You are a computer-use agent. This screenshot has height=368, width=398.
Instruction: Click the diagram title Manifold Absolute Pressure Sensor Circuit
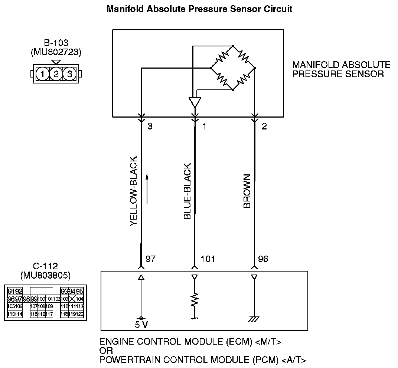[x=199, y=9]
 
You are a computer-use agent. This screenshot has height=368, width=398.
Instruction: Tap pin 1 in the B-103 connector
[x=43, y=74]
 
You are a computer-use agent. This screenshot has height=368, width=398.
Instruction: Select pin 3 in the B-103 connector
[x=69, y=74]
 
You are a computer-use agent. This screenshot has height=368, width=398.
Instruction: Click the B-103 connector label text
[x=56, y=43]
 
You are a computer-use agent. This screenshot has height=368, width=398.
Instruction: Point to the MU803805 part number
[x=45, y=275]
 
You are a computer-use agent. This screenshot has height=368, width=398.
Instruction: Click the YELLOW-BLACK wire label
[x=134, y=191]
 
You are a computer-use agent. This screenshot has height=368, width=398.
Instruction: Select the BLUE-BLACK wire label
[x=187, y=191]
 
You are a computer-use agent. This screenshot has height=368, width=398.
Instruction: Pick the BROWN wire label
[x=247, y=191]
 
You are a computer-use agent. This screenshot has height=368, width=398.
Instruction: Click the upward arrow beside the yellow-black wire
[x=147, y=189]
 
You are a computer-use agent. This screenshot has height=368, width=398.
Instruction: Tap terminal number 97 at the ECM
[x=151, y=259]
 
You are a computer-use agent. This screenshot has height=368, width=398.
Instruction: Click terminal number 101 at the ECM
[x=208, y=259]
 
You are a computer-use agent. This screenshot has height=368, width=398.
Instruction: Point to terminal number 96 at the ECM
[x=262, y=259]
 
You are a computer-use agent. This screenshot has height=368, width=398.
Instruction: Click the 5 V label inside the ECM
[x=141, y=325]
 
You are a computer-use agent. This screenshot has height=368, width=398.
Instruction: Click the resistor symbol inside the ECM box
[x=194, y=300]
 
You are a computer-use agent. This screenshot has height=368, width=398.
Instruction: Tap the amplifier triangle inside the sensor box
[x=195, y=102]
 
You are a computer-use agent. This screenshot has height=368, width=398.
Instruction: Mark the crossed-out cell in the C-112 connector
[x=72, y=299]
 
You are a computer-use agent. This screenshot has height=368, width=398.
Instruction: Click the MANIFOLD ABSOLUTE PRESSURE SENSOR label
[x=341, y=69]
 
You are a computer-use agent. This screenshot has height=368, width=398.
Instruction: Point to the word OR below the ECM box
[x=106, y=351]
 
